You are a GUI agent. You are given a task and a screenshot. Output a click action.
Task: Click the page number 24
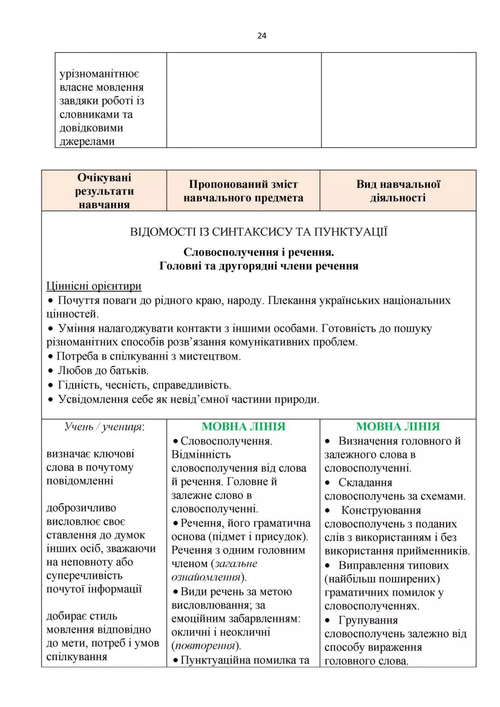click(261, 36)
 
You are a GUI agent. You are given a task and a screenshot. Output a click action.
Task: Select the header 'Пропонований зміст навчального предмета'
click(243, 191)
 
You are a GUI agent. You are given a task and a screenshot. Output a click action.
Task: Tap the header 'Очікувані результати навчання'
click(104, 191)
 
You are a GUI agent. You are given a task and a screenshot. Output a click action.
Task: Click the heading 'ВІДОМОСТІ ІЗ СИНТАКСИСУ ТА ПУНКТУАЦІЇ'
click(259, 232)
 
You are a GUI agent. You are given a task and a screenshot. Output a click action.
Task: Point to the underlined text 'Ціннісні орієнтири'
click(94, 286)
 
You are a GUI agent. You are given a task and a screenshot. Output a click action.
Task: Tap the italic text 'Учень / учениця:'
click(105, 426)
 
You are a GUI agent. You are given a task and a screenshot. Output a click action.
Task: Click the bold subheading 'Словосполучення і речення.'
click(259, 252)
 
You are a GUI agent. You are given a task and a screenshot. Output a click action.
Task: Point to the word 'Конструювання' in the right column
click(381, 510)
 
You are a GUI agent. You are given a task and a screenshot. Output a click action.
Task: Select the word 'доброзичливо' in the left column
click(81, 508)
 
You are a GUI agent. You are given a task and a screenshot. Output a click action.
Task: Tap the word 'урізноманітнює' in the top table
click(99, 74)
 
